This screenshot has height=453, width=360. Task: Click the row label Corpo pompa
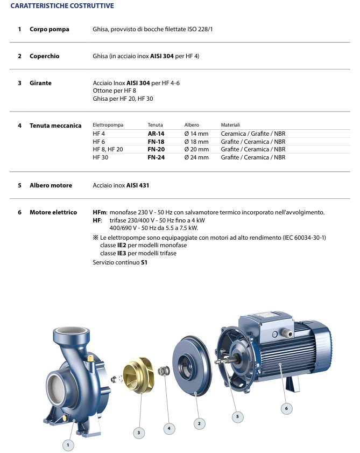click(50, 29)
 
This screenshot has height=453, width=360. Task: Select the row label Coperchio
click(45, 56)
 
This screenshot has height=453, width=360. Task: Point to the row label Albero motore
click(51, 185)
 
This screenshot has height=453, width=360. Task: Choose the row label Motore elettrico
click(53, 212)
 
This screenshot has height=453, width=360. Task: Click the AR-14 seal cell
click(156, 133)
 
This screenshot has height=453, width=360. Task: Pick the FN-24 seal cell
click(156, 157)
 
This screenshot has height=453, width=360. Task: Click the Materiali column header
click(230, 125)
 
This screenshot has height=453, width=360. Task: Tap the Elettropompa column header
click(108, 125)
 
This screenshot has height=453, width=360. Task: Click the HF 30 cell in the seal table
click(100, 157)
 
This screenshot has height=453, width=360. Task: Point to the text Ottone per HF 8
click(115, 91)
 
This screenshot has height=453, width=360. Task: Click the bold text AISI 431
click(138, 185)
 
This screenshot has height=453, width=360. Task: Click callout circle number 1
click(68, 445)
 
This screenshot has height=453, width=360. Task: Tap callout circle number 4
click(169, 428)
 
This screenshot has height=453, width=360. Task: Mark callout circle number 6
click(286, 409)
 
